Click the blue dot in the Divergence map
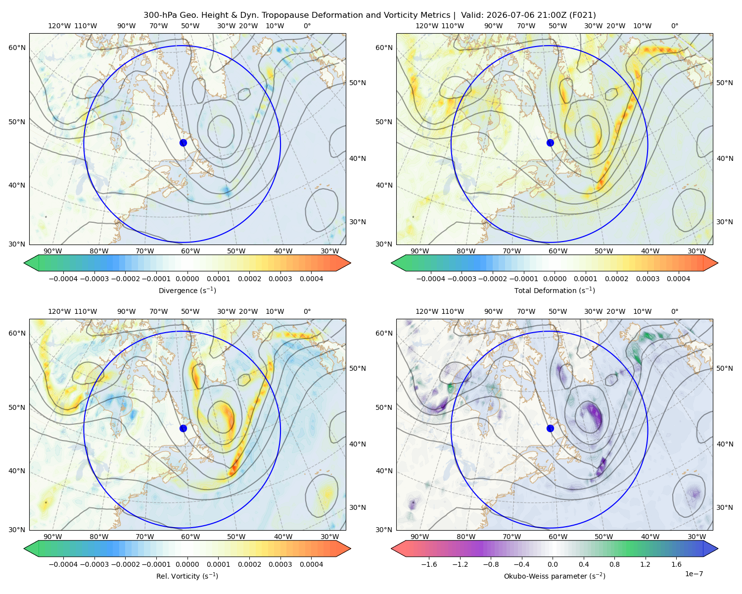[183, 143]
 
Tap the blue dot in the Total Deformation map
[550, 143]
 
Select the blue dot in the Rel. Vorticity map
[183, 428]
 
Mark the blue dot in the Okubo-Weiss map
[550, 428]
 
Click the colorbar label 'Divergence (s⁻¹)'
[187, 290]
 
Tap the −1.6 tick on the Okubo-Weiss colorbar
[429, 564]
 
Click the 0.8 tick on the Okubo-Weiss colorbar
[614, 564]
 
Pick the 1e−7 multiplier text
[694, 574]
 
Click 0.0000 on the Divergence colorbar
[187, 279]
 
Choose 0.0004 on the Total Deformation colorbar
[678, 279]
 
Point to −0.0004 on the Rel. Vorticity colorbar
[63, 564]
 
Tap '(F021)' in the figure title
[582, 15]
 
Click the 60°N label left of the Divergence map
[17, 48]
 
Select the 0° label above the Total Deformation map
[674, 26]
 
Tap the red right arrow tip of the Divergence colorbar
[350, 263]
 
